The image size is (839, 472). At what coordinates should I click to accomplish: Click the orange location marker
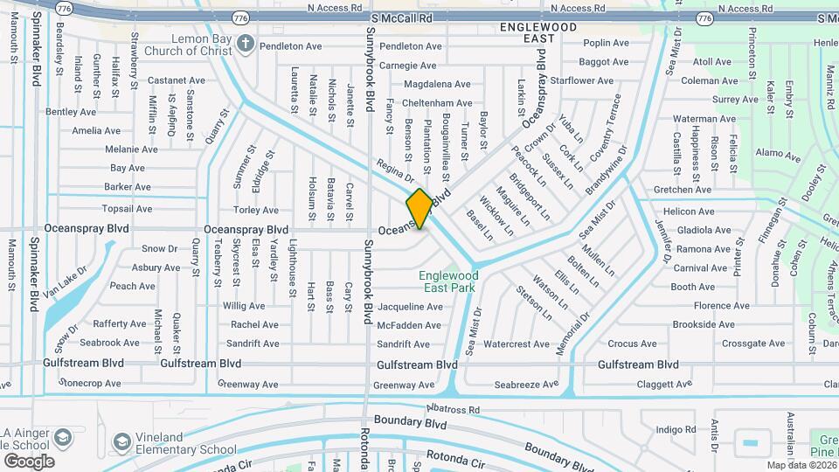[419, 209]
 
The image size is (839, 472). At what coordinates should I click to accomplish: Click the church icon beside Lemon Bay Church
[247, 45]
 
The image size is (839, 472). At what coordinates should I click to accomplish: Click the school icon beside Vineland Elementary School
[122, 440]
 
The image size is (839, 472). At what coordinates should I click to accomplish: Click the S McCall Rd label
[401, 17]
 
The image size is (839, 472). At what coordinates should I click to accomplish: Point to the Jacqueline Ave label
[410, 307]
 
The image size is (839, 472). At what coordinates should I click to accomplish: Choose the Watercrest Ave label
[516, 344]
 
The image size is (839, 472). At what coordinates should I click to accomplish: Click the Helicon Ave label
[688, 212]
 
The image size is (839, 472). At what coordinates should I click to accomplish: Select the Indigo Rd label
[676, 429]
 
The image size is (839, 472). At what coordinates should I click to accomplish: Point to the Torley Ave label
[256, 210]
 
